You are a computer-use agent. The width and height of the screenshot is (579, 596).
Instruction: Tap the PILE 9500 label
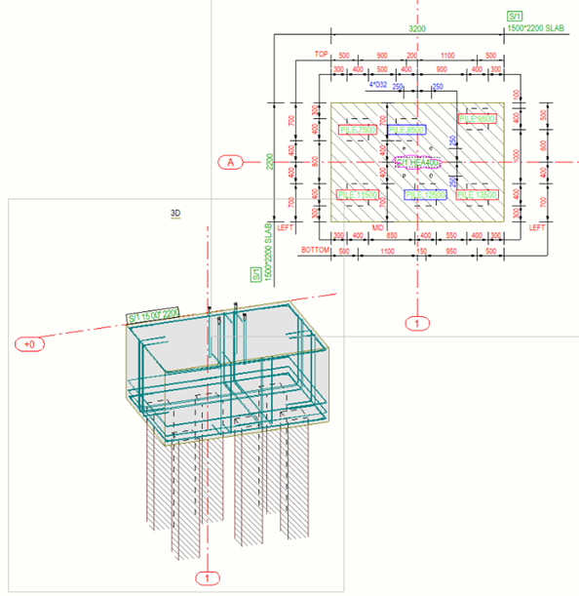[x=478, y=119]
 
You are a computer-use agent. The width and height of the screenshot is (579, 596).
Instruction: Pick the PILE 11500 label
[x=357, y=195]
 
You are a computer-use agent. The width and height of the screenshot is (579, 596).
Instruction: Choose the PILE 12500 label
[x=425, y=195]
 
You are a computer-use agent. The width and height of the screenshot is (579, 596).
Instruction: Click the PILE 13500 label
[x=478, y=195]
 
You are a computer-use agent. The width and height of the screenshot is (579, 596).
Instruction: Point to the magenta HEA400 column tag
[x=417, y=162]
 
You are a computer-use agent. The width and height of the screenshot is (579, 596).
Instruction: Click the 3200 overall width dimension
[x=417, y=30]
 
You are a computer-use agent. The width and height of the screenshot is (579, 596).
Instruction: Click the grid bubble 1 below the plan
[x=416, y=321]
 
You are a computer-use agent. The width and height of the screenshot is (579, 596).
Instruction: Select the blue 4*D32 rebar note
[x=377, y=84]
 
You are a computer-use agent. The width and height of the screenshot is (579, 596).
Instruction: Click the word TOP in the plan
[x=318, y=56]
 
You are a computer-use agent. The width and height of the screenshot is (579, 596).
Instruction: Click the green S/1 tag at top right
[x=515, y=16]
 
